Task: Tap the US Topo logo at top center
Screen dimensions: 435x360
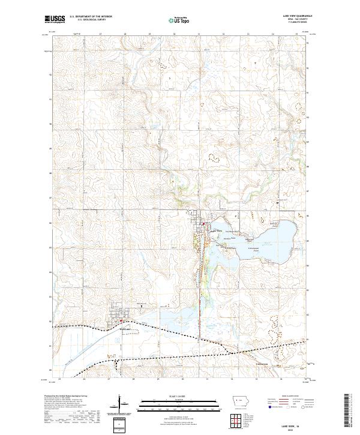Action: (181, 20)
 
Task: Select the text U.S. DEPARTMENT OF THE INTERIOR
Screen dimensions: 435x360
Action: (91, 16)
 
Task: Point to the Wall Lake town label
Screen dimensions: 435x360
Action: (124, 329)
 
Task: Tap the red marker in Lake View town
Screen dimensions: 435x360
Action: (203, 226)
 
